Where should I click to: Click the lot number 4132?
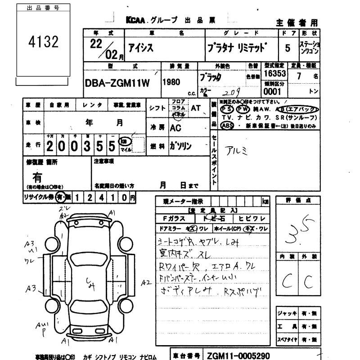pos(44,42)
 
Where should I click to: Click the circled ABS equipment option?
pos(227,126)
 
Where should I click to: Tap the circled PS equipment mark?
pos(227,109)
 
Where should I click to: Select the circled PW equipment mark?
pos(243,109)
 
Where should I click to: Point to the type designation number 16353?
pos(275,73)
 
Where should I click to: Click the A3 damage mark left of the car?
pos(30,289)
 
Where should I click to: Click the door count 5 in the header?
pos(288,47)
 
